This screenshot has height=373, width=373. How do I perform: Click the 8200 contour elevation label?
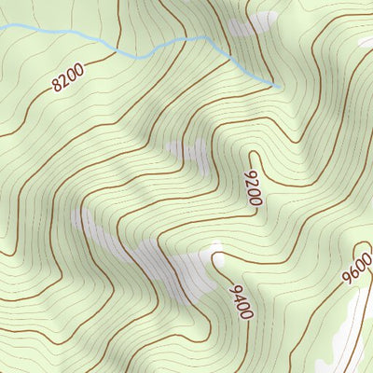[68, 76]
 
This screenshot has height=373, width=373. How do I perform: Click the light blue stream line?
[140, 54]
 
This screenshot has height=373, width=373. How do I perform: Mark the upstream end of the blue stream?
[280, 88]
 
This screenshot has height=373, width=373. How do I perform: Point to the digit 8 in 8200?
[57, 85]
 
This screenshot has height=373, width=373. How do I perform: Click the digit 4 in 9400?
[238, 297]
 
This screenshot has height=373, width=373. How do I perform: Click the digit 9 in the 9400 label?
[232, 287]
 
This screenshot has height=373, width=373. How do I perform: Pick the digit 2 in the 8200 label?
[64, 79]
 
